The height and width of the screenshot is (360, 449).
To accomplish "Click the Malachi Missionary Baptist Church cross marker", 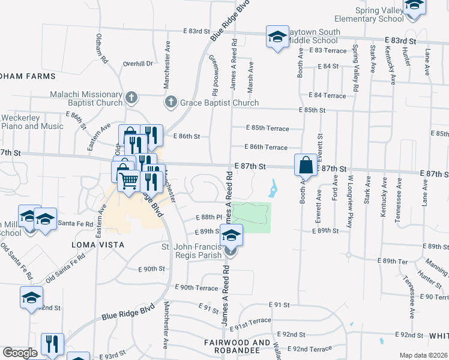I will (132, 97).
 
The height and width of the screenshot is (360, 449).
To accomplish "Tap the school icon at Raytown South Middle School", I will (278, 37).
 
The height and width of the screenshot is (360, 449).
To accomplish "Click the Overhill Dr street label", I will (137, 63).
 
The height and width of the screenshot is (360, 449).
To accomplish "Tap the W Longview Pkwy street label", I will (349, 197).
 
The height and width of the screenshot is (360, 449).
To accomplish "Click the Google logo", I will (20, 353).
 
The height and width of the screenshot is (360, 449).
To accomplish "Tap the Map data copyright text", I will (424, 355).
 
